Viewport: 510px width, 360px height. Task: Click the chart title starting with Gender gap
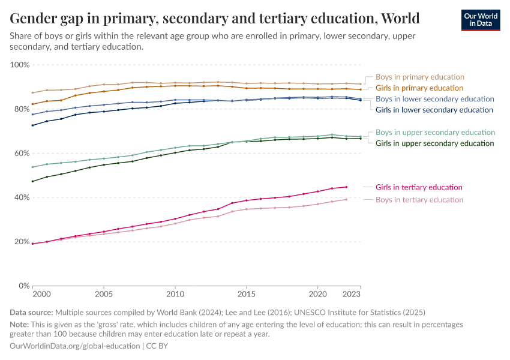click(x=215, y=17)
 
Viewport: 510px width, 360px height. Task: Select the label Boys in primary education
click(x=419, y=77)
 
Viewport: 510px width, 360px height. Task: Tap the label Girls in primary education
click(x=419, y=88)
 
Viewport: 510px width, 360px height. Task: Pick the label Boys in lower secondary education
click(x=434, y=99)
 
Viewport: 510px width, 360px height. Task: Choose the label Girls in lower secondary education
click(x=434, y=110)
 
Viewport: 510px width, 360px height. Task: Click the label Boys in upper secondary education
click(x=435, y=133)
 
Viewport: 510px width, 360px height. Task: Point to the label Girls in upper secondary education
click(x=434, y=143)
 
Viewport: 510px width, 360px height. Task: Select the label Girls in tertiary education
click(x=419, y=188)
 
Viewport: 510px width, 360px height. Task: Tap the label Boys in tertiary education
click(x=419, y=200)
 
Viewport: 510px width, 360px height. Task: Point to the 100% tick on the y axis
click(x=21, y=65)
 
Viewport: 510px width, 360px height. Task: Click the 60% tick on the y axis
click(x=22, y=154)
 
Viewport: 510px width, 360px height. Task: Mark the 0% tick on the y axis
click(x=25, y=286)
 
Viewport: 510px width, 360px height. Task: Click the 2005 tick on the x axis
click(x=103, y=295)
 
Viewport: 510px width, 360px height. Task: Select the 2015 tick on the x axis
click(x=246, y=295)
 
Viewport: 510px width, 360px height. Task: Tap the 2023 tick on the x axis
click(x=352, y=295)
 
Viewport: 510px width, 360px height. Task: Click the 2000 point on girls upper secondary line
click(x=32, y=181)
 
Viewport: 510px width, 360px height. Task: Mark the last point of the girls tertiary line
click(x=346, y=187)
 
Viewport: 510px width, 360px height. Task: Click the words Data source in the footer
click(x=31, y=313)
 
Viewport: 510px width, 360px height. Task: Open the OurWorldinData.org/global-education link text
click(x=74, y=346)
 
